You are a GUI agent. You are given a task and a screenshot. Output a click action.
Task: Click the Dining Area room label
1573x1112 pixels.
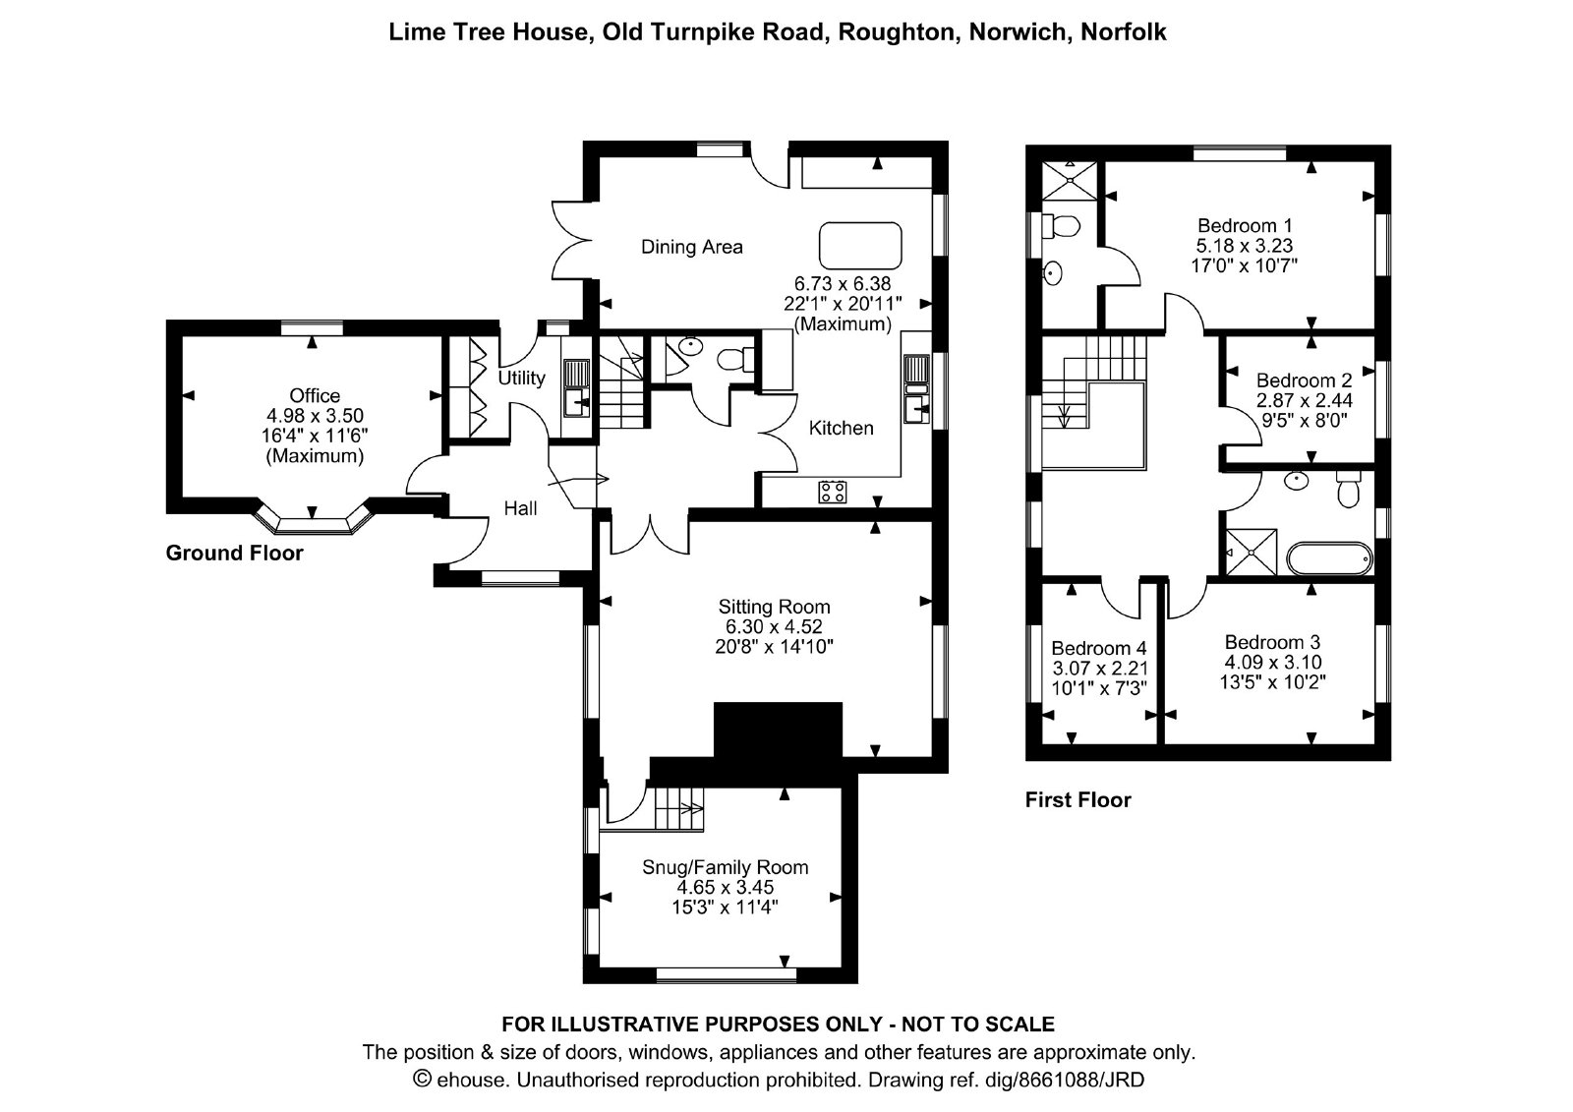tap(692, 247)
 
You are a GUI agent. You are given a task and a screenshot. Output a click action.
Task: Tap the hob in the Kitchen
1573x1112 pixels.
tap(832, 492)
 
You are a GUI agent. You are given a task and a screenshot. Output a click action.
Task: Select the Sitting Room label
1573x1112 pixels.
tap(774, 607)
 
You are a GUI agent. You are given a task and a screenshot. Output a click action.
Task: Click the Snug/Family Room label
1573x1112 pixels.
tap(726, 867)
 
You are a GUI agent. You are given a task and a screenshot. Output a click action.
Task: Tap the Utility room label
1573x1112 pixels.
tap(522, 378)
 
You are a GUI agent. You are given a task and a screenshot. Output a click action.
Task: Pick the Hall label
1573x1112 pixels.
tap(520, 508)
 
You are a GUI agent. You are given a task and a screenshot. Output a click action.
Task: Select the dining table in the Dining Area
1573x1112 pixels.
tap(860, 246)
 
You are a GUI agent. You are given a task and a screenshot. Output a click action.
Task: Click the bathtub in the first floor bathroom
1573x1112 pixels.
tap(1329, 559)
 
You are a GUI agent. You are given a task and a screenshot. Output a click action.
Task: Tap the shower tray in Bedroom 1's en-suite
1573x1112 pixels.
tap(1068, 181)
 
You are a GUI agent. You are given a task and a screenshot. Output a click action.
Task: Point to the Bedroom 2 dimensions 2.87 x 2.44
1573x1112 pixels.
tap(1305, 400)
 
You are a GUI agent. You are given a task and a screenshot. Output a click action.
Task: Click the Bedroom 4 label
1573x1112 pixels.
tap(1099, 648)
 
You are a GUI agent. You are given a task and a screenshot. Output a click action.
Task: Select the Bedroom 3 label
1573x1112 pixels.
tap(1272, 642)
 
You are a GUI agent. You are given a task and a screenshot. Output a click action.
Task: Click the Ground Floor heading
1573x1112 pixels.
tap(235, 553)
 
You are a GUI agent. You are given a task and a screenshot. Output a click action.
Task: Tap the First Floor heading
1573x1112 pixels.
tap(1078, 799)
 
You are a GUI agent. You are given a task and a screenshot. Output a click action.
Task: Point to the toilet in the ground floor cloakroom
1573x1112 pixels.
tap(734, 360)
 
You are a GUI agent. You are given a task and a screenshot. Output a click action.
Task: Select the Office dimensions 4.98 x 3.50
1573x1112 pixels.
tap(315, 415)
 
